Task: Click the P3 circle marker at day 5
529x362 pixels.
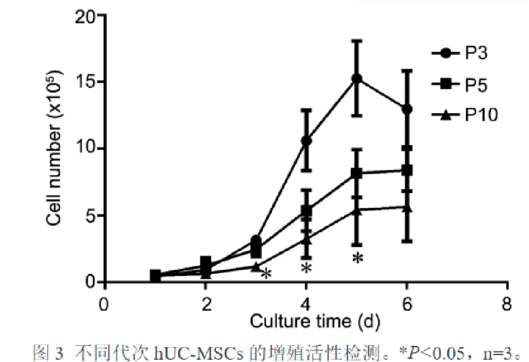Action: (356, 79)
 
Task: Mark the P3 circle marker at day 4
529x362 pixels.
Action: (306, 141)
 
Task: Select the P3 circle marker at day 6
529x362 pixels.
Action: (407, 109)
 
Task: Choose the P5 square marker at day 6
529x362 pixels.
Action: (407, 170)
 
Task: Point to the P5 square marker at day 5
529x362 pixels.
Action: (356, 174)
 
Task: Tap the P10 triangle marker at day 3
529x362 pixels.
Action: (256, 266)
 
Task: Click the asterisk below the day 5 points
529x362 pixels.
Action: (357, 258)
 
